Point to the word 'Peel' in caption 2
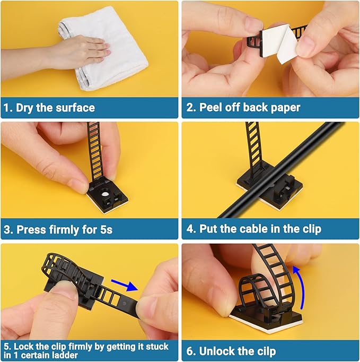point(211,108)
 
